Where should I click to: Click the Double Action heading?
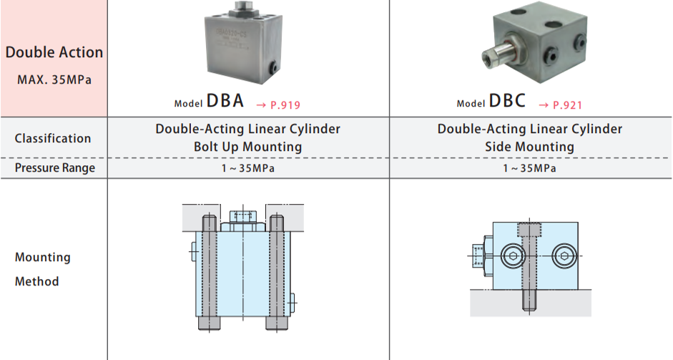point(54,52)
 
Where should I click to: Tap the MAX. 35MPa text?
point(54,79)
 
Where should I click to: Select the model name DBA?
point(225,101)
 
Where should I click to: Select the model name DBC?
point(507,101)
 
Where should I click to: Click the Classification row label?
point(53,138)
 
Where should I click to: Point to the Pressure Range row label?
point(54,168)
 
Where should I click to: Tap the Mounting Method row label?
point(43,269)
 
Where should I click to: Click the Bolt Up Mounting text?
point(248,147)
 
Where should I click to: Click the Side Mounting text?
point(530,147)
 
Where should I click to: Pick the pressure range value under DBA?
point(248,169)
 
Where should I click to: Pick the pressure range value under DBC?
point(530,169)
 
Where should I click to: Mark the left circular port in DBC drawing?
point(512,256)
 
